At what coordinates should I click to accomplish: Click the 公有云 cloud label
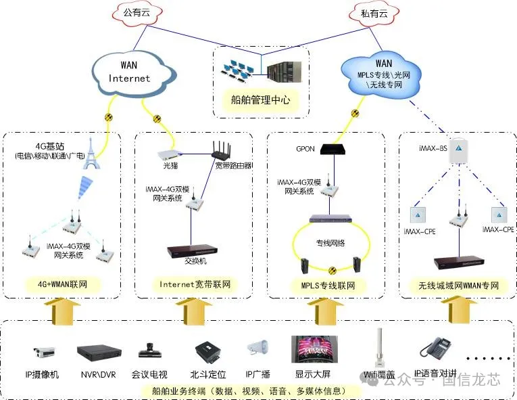[134, 12]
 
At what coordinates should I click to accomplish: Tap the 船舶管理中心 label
[260, 100]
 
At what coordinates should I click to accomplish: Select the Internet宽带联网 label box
[195, 284]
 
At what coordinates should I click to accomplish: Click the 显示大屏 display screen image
[313, 351]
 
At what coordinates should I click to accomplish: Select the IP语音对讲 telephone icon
[435, 349]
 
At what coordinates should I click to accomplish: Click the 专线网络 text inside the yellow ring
[330, 241]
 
